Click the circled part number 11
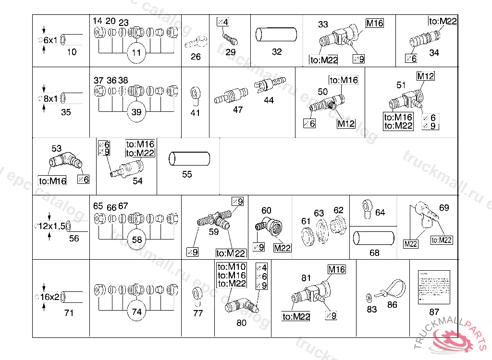pos(137,53)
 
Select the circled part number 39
pos(137,112)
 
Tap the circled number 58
pos(137,240)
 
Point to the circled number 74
pos(137,312)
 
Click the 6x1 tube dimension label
pos(50,40)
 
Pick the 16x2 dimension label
pos(50,297)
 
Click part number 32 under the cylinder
pos(277,52)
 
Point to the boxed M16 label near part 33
pos(375,23)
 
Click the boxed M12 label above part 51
pos(425,76)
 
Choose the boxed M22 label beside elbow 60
pos(283,248)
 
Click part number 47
pos(238,109)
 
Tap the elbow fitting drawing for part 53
pos(64,160)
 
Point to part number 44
pos(269,100)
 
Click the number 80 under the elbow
pos(241,323)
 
